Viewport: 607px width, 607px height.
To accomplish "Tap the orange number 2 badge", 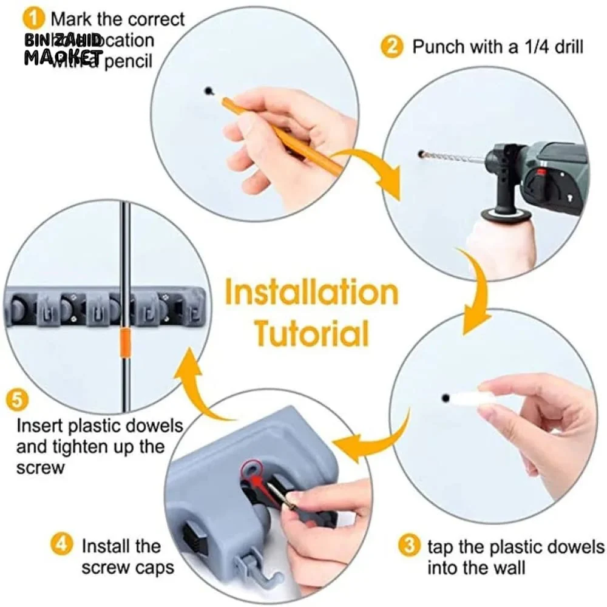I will coord(392,46).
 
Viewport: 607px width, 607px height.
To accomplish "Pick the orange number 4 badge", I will coord(61,544).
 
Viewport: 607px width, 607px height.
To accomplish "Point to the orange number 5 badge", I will coord(17,401).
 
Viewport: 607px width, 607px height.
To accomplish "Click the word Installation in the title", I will coord(311,293).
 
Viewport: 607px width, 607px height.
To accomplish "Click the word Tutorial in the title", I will coord(311,333).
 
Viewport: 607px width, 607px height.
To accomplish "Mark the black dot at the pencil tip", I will coord(209,91).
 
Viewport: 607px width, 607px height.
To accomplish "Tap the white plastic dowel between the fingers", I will coord(470,398).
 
